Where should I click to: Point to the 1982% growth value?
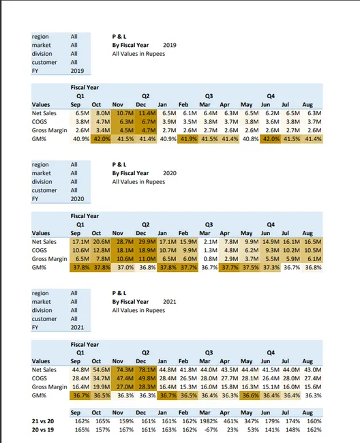tap(209, 422)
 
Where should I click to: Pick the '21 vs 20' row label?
tap(43, 422)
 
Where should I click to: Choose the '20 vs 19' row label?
tap(43, 430)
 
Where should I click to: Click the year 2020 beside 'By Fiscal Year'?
tap(170, 173)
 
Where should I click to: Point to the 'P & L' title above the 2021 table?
tap(119, 293)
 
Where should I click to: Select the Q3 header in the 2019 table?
tap(209, 97)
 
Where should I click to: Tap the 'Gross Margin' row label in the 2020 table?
tap(49, 259)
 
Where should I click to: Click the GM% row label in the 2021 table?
tap(39, 395)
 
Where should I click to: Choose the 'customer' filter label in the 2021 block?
tap(45, 319)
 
